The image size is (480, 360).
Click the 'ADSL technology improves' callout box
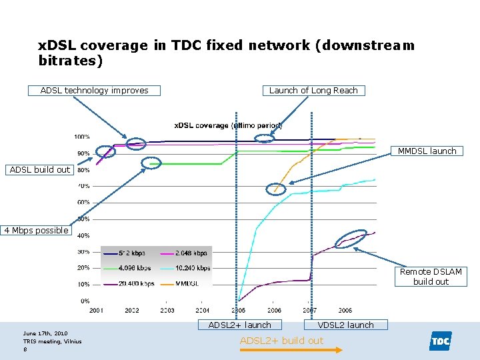[x=95, y=91]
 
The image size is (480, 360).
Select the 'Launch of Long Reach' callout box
[x=313, y=91]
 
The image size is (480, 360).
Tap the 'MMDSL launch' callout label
[x=427, y=151]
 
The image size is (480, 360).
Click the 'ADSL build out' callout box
[x=40, y=170]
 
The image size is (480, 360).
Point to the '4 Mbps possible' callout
[x=36, y=231]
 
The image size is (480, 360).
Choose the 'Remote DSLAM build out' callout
[x=431, y=277]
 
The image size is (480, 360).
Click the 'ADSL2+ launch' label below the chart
[x=240, y=325]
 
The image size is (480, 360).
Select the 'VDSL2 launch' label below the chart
[x=345, y=325]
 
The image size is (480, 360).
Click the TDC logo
[x=440, y=341]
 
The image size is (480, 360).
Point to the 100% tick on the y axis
[x=82, y=137]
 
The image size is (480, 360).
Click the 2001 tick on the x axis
[x=97, y=311]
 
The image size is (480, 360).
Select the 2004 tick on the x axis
[x=203, y=311]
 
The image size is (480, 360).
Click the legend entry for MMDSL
[x=186, y=283]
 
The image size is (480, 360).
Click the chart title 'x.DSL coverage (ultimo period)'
[x=228, y=125]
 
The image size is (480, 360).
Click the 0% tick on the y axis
[x=85, y=301]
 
